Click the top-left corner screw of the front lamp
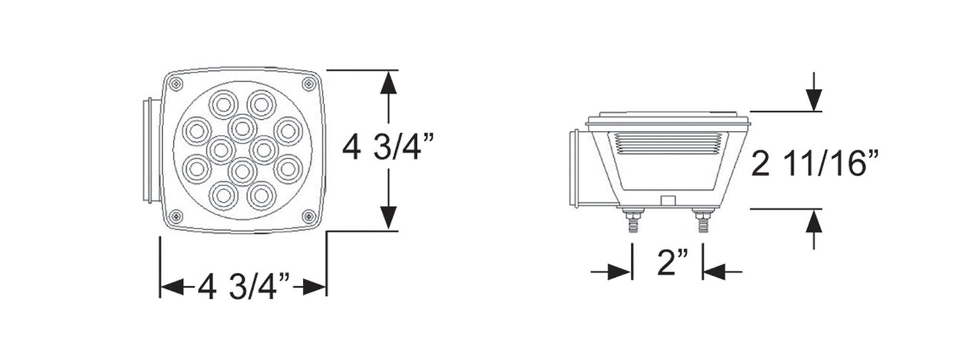(175, 84)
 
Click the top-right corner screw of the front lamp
(308, 84)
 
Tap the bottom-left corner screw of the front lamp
(175, 217)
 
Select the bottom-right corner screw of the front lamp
(308, 217)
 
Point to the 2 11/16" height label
(815, 163)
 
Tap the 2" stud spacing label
(673, 262)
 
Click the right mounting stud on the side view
(702, 220)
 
